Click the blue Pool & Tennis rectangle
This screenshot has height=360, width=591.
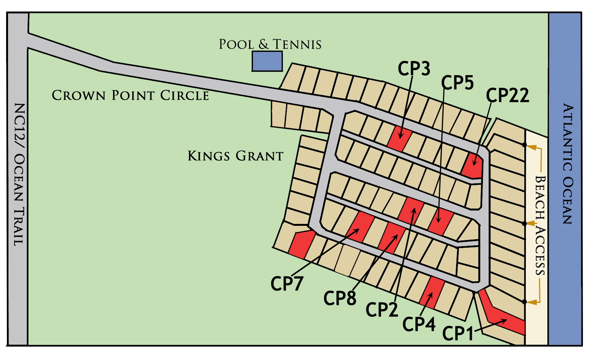point(267,61)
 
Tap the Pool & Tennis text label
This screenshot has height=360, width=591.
point(270,44)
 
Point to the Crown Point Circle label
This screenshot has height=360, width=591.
point(130,95)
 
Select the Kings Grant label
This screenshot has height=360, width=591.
point(235,156)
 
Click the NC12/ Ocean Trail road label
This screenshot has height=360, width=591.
point(18,174)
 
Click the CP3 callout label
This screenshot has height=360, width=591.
point(414,69)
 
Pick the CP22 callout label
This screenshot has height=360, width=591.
point(507,95)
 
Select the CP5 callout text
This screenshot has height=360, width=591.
point(457,82)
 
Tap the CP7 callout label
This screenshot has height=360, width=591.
point(287,284)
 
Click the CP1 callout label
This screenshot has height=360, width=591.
point(458,333)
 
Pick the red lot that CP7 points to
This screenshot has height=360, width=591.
point(360,227)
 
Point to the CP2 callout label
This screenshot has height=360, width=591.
point(382,310)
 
